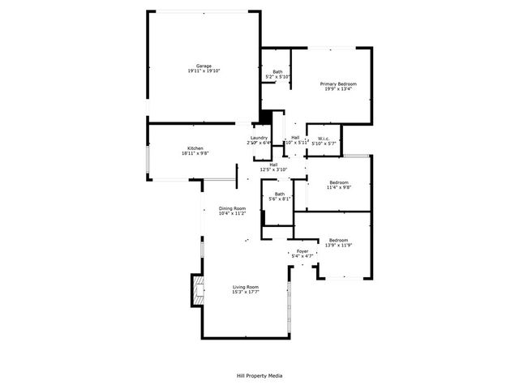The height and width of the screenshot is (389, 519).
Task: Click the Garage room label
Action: (204, 66)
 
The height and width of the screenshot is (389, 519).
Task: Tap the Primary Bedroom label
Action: (338, 84)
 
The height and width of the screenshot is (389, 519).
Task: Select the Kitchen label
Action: (192, 147)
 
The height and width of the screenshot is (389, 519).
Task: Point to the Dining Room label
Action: (231, 209)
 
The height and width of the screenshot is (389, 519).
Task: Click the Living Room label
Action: (246, 288)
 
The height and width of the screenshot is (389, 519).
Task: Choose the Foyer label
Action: (302, 251)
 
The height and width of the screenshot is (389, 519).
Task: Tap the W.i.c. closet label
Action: (324, 138)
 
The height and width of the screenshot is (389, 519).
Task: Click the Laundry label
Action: (259, 138)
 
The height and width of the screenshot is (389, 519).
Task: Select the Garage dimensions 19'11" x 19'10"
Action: (204, 71)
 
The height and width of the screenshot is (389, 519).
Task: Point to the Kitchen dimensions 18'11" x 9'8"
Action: (192, 153)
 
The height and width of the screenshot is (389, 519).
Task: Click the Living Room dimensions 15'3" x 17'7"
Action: (246, 293)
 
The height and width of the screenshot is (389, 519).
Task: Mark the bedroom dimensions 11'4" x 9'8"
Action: (339, 187)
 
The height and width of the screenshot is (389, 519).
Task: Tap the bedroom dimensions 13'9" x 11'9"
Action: (338, 245)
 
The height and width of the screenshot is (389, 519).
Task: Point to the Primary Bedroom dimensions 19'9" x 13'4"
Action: (338, 90)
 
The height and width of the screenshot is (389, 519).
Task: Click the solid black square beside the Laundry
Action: (264, 118)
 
